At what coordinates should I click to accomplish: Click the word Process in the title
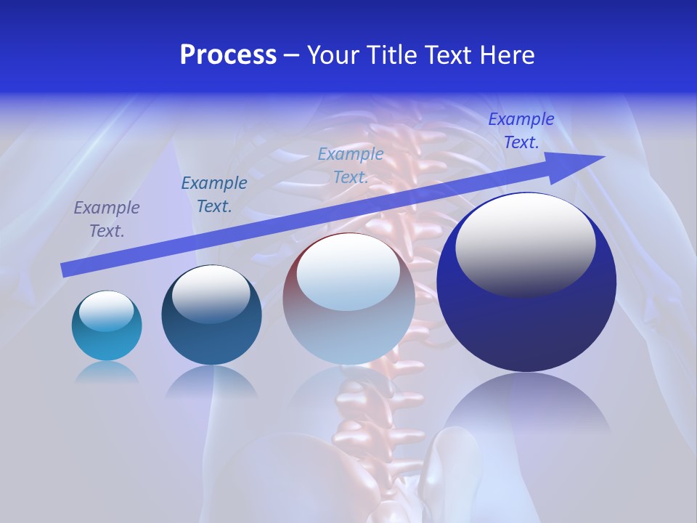228,55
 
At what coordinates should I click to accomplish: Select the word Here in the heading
505,55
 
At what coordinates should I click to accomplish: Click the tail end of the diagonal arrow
65,270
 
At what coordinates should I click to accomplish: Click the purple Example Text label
107,219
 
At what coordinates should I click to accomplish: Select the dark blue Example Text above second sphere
214,195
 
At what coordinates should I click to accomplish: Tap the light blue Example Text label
351,166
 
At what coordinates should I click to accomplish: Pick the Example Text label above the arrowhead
521,131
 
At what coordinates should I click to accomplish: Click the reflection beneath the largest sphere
526,407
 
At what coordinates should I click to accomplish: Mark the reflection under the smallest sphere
107,372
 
